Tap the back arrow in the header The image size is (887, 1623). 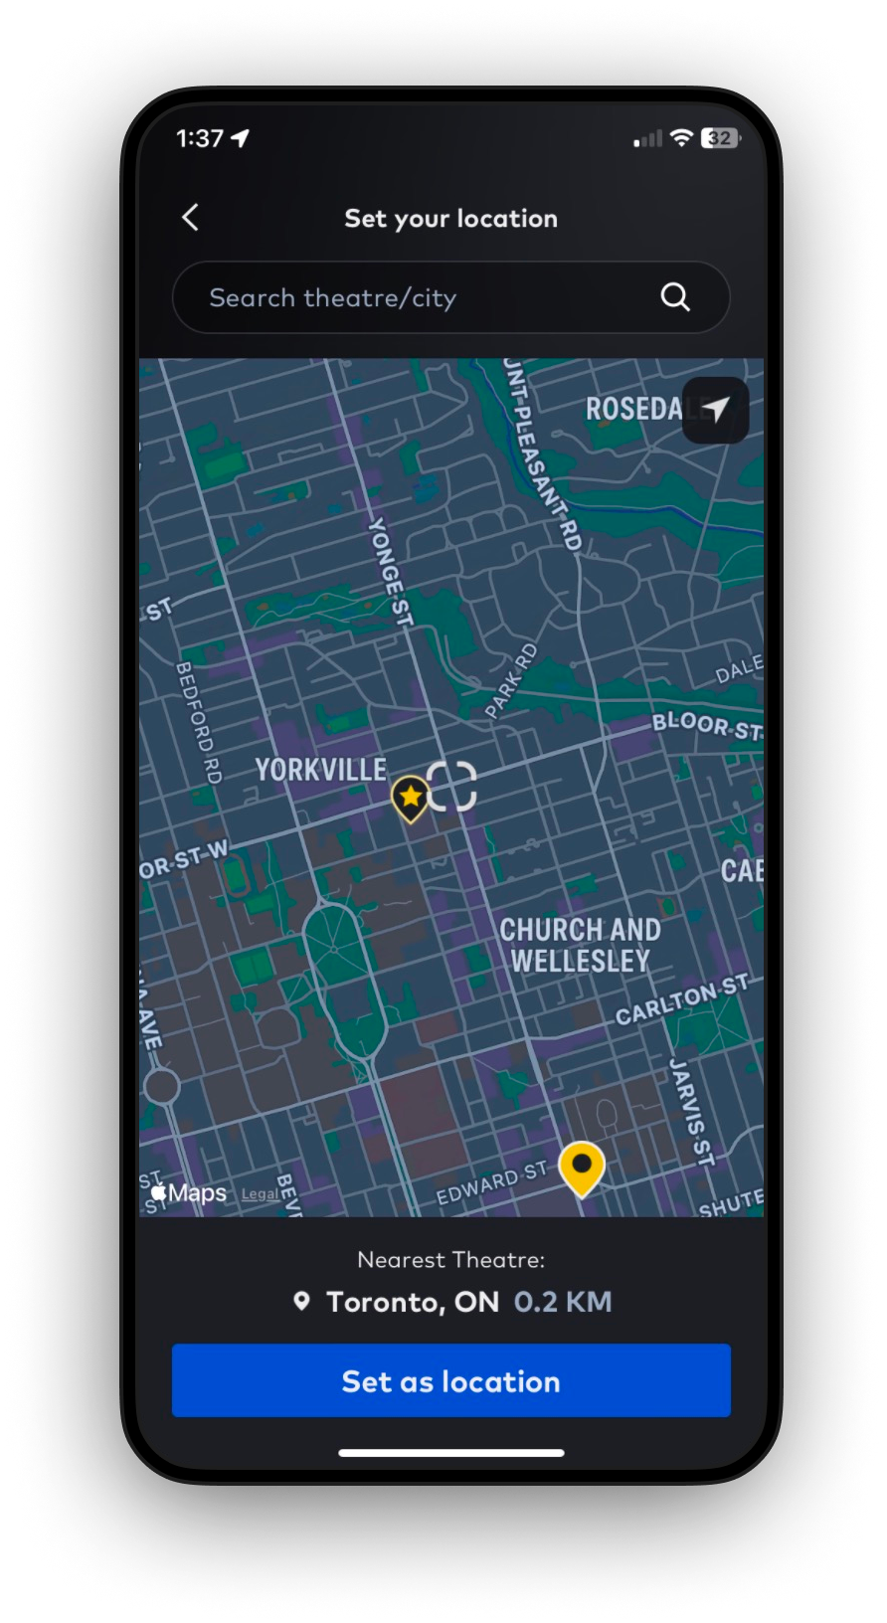(191, 217)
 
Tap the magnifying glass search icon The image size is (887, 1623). (675, 296)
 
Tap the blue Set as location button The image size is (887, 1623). (450, 1380)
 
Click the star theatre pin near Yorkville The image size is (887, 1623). (409, 797)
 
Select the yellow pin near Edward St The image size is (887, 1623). (582, 1167)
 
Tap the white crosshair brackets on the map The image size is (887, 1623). (451, 787)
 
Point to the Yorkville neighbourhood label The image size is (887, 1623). (320, 770)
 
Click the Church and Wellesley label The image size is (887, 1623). (580, 945)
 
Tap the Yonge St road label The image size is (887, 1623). (389, 571)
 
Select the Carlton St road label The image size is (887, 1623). (681, 999)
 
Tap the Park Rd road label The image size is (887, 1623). (511, 680)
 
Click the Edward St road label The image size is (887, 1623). (492, 1182)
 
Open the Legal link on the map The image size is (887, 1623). (260, 1193)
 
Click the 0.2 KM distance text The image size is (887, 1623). (563, 1302)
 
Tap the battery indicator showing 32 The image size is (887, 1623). (721, 138)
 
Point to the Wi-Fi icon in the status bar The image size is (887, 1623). (681, 138)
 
